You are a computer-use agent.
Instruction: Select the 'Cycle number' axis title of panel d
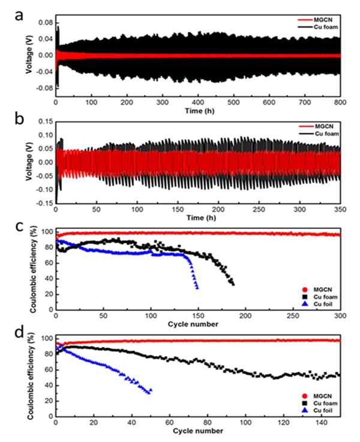tap(196, 431)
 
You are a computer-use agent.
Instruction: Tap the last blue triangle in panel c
tap(197, 288)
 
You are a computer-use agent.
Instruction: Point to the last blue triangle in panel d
tap(150, 390)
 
